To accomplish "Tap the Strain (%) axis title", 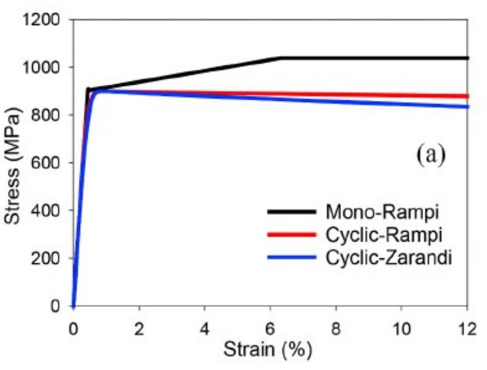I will (x=267, y=350).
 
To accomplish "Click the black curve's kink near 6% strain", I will (x=281, y=58).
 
